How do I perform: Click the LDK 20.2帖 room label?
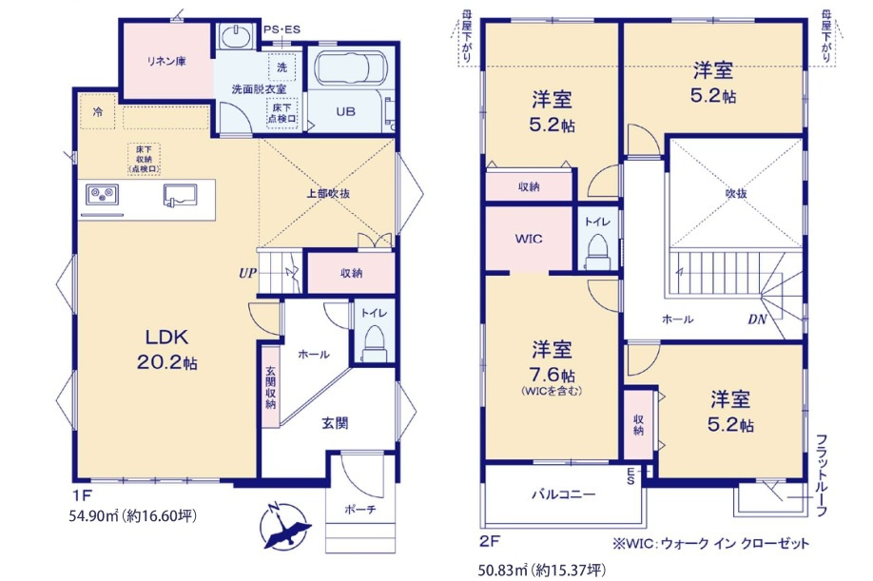(x=171, y=349)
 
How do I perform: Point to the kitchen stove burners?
(x=101, y=194)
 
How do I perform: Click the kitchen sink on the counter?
(x=181, y=194)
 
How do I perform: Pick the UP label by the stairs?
(x=248, y=272)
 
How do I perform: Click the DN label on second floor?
(x=757, y=320)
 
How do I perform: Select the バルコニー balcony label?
(x=563, y=494)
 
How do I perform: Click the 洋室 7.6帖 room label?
(x=552, y=366)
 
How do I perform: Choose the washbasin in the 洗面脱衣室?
(x=234, y=39)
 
